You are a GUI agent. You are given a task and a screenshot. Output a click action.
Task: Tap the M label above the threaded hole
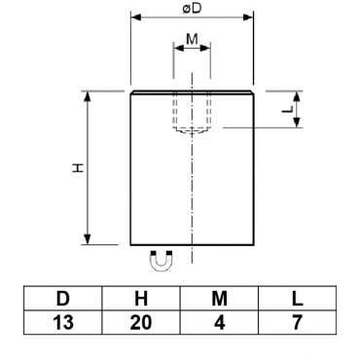pyautogui.click(x=192, y=39)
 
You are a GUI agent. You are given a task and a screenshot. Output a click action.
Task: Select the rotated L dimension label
pyautogui.click(x=287, y=109)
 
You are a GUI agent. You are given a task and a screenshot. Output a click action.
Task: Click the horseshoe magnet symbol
pyautogui.click(x=162, y=261)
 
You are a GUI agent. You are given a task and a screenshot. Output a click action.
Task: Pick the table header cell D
pyautogui.click(x=63, y=299)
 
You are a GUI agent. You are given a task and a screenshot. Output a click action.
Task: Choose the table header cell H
pyautogui.click(x=141, y=299)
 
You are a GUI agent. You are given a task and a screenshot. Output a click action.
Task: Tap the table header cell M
pyautogui.click(x=219, y=299)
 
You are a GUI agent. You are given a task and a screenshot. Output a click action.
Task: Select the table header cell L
pyautogui.click(x=298, y=299)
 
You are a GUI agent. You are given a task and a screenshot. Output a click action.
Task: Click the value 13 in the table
pyautogui.click(x=63, y=322)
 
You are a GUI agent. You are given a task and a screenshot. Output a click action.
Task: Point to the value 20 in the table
pyautogui.click(x=141, y=322)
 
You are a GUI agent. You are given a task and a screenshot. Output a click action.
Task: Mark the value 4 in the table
pyautogui.click(x=220, y=322)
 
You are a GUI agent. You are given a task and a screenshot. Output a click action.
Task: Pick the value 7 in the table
pyautogui.click(x=298, y=322)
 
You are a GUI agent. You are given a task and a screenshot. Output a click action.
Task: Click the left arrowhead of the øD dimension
pyautogui.click(x=135, y=18)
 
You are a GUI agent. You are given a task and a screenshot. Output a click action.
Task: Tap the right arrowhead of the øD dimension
pyautogui.click(x=248, y=18)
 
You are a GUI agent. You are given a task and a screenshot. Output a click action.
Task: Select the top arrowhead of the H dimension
pyautogui.click(x=88, y=96)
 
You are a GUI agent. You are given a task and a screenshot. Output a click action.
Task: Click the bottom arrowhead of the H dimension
pyautogui.click(x=88, y=239)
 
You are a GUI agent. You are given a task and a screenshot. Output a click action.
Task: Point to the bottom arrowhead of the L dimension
pyautogui.click(x=296, y=123)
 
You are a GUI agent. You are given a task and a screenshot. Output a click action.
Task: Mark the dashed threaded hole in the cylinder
pyautogui.click(x=192, y=112)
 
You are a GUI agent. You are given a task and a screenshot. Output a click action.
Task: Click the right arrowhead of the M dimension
pyautogui.click(x=205, y=48)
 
